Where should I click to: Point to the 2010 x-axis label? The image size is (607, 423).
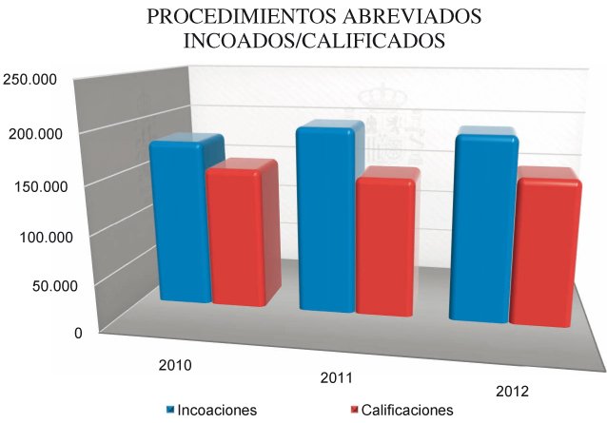click(x=175, y=364)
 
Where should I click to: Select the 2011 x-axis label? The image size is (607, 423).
click(x=337, y=379)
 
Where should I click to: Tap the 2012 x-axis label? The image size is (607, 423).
click(x=514, y=392)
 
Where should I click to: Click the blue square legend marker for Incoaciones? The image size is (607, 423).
click(x=171, y=410)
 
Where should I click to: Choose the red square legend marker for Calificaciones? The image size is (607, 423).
click(x=355, y=410)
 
